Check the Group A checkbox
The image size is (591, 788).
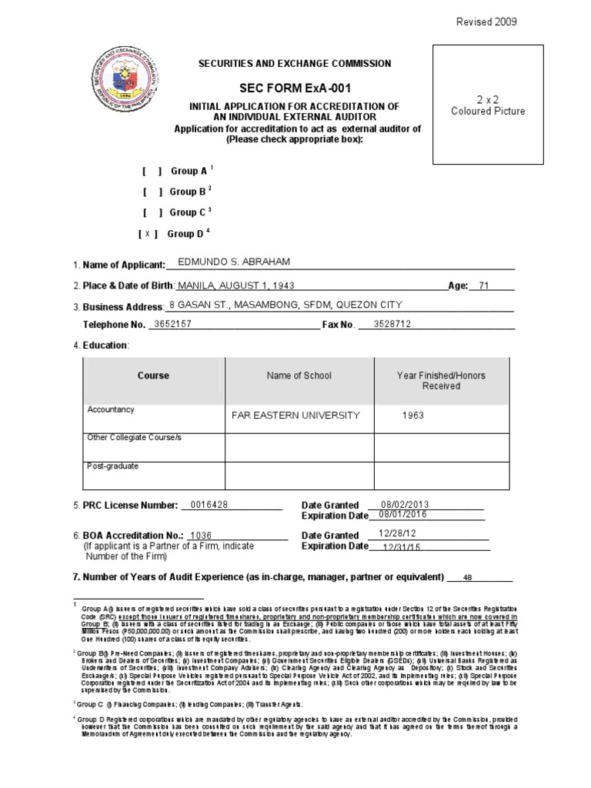151,172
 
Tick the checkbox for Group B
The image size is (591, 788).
151,192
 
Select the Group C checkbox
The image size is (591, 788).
151,213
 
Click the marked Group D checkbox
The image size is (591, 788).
149,234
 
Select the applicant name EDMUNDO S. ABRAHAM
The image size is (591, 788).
234,262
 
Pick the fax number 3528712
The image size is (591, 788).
392,324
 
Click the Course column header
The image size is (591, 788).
153,376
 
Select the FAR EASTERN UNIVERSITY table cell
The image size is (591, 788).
295,416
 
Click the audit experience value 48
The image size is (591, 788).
467,577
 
